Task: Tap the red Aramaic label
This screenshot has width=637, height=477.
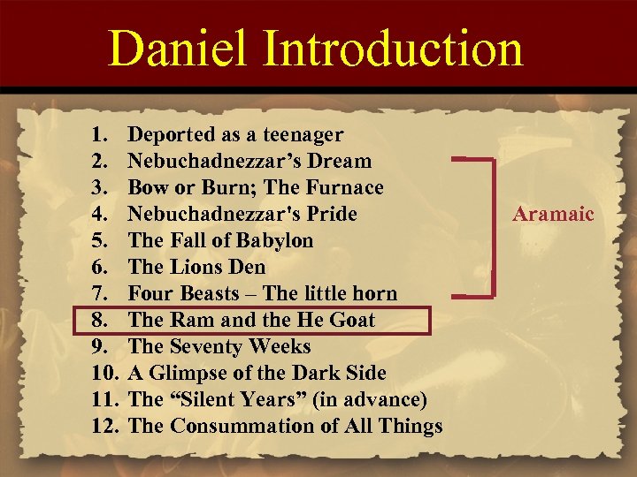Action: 555,215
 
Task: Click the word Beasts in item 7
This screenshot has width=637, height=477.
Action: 211,293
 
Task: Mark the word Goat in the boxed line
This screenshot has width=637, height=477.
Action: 351,320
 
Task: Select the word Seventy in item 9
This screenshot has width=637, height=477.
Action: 207,346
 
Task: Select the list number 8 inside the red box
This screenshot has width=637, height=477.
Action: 99,320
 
